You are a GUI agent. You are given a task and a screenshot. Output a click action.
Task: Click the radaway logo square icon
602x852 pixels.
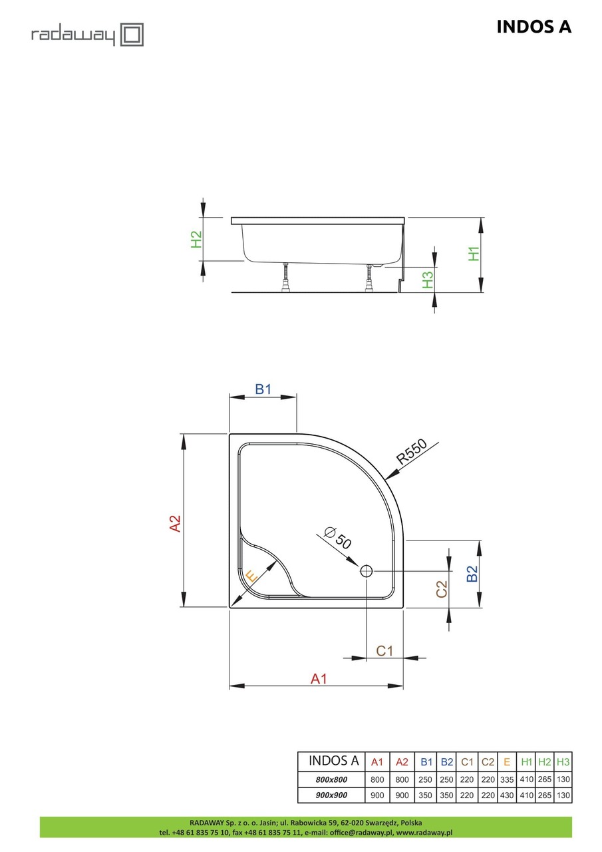[x=132, y=34]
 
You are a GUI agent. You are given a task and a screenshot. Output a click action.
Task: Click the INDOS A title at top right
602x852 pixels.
[x=533, y=27]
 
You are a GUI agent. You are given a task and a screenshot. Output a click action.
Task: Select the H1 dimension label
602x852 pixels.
[x=474, y=254]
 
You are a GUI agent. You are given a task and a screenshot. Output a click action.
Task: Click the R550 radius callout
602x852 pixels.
[x=410, y=453]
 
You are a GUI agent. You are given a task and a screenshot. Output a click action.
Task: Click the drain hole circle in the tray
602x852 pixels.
[x=367, y=570]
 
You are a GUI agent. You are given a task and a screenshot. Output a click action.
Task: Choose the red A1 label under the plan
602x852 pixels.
[x=319, y=678]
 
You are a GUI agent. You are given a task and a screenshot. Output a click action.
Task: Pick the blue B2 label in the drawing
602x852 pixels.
[x=472, y=574]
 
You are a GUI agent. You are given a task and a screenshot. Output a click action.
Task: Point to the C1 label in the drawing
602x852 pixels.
[x=385, y=651]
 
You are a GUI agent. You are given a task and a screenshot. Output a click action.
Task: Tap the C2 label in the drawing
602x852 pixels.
[x=441, y=588]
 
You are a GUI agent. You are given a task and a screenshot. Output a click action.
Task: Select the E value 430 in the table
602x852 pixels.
[x=507, y=795]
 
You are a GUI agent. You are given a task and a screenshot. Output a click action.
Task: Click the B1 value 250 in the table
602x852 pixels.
[x=426, y=779]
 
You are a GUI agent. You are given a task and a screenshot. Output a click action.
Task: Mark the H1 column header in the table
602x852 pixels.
[x=527, y=761]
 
